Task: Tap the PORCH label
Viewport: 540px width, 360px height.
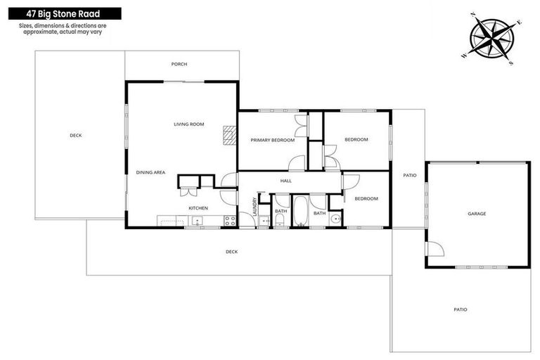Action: (179, 64)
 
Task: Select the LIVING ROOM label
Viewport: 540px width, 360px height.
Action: (188, 124)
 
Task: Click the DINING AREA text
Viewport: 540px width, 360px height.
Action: (150, 172)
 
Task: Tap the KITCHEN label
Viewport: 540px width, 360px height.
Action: (198, 208)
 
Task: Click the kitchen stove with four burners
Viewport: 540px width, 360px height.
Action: (229, 221)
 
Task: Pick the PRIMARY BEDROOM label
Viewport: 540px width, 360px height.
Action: (272, 140)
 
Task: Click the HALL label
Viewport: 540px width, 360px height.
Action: (285, 181)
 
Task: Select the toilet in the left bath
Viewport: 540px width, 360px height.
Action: (281, 221)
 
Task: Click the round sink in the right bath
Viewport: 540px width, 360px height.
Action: (335, 220)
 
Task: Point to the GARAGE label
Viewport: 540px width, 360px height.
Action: (477, 213)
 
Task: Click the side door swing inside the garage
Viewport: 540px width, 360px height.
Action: (435, 247)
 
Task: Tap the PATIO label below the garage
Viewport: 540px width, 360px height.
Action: (460, 309)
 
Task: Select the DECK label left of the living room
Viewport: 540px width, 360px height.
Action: (75, 135)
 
